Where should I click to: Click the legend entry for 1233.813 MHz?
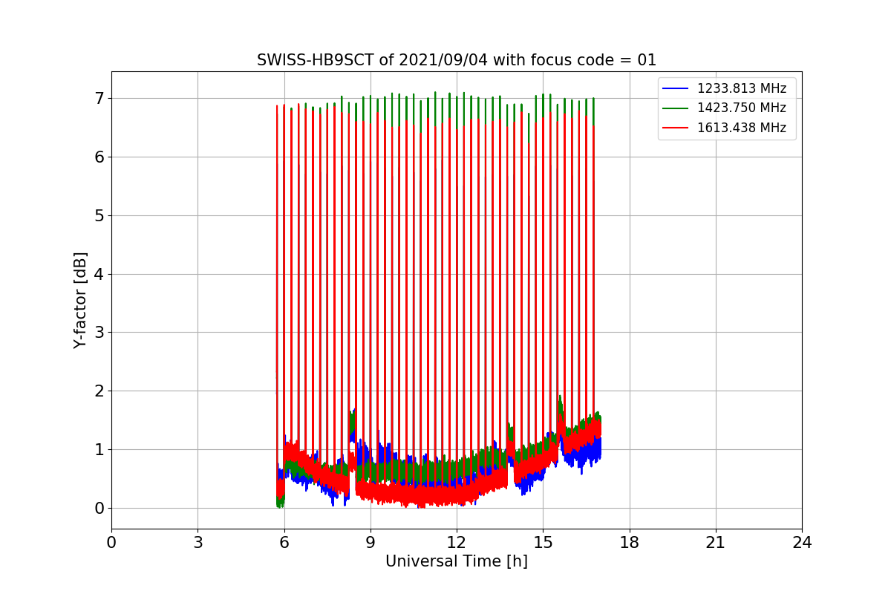[741, 88]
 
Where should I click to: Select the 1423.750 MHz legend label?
[741, 108]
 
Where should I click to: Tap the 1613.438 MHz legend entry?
[741, 127]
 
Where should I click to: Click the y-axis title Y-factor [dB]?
[80, 300]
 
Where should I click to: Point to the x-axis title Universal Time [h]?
[456, 561]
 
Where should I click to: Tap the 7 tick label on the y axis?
[99, 98]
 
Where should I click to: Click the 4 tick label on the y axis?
[99, 274]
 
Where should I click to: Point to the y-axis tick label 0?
[99, 508]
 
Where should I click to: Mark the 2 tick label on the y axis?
[99, 391]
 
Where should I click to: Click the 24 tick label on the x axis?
[801, 543]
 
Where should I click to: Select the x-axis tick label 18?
[629, 543]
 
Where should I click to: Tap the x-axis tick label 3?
[198, 543]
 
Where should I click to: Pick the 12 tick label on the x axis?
[456, 543]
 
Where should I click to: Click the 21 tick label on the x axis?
[715, 543]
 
